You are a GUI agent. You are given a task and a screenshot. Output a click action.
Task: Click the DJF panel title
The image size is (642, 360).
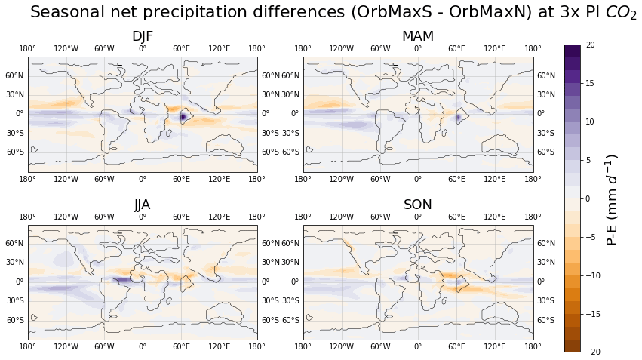pyautogui.click(x=143, y=36)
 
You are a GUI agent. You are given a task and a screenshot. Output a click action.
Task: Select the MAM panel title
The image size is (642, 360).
pyautogui.click(x=418, y=36)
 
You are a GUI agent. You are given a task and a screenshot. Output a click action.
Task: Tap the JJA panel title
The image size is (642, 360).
pyautogui.click(x=143, y=205)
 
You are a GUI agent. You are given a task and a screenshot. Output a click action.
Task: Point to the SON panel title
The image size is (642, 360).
pyautogui.click(x=418, y=205)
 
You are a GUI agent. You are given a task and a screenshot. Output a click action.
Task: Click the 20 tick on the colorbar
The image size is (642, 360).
pyautogui.click(x=589, y=45)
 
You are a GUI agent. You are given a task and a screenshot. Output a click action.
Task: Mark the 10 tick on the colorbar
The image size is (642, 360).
pyautogui.click(x=589, y=122)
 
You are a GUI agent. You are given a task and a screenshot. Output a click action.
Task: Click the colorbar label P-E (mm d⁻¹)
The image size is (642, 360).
pyautogui.click(x=613, y=199)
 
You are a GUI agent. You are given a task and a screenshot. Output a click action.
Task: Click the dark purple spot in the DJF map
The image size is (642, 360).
pyautogui.click(x=183, y=117)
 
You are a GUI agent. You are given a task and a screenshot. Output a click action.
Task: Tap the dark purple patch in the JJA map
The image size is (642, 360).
pyautogui.click(x=121, y=279)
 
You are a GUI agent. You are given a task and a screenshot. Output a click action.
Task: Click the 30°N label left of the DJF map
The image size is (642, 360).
pyautogui.click(x=16, y=94)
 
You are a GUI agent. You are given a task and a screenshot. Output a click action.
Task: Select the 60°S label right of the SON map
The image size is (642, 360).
pyautogui.click(x=546, y=320)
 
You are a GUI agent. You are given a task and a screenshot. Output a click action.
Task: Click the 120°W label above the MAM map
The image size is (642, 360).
pyautogui.click(x=341, y=49)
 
